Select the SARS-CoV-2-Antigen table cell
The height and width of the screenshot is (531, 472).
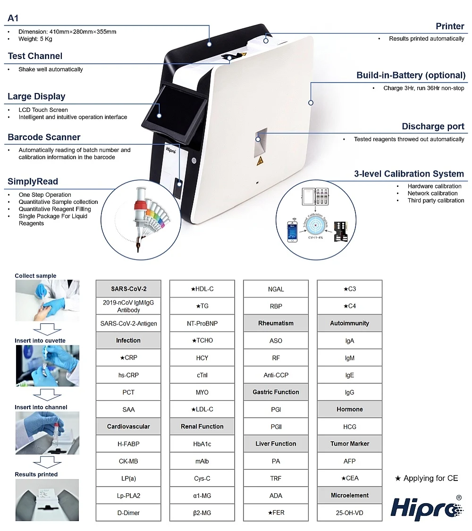click(128, 323)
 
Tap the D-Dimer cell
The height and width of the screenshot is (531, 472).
click(128, 513)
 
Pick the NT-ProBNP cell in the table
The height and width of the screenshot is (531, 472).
click(202, 323)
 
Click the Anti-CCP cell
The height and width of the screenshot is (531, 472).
click(276, 375)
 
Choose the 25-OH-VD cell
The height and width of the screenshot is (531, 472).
click(350, 513)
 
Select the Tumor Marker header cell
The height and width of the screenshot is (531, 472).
click(350, 444)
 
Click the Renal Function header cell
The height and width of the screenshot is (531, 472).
click(202, 426)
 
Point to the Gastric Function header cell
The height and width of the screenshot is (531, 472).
click(276, 392)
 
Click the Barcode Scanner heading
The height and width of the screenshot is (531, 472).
click(44, 137)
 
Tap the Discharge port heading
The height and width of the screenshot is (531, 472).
click(433, 126)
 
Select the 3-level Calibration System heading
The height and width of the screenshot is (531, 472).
click(409, 174)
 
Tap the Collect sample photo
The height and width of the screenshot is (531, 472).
click(47, 301)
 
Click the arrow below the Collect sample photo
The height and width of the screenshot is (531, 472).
click(47, 329)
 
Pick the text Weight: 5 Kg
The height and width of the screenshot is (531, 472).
click(38, 39)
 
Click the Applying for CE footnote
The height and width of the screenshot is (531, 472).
click(426, 478)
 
